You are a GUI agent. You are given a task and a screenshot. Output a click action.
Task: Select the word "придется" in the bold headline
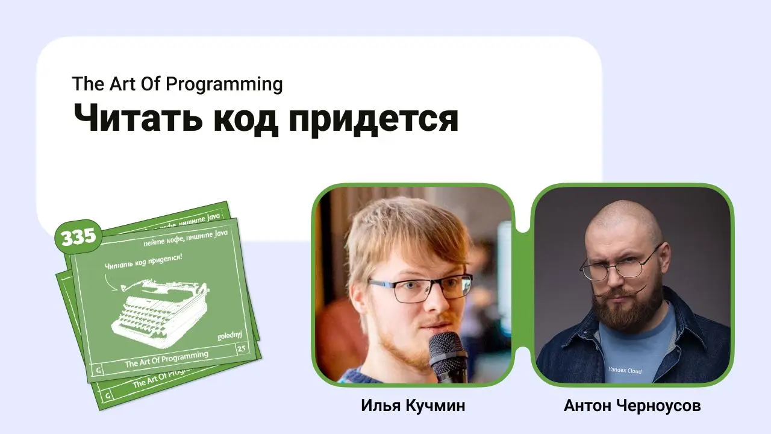tap(373, 119)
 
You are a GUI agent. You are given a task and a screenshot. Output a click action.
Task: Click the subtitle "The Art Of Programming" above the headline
tap(177, 84)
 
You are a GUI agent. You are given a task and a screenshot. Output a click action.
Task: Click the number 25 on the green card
tap(242, 348)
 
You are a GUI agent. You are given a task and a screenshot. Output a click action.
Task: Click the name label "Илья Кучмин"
tap(413, 406)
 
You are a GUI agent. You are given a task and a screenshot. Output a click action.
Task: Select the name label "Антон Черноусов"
tap(632, 406)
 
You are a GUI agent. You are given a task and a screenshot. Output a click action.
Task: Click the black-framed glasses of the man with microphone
tap(420, 288)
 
